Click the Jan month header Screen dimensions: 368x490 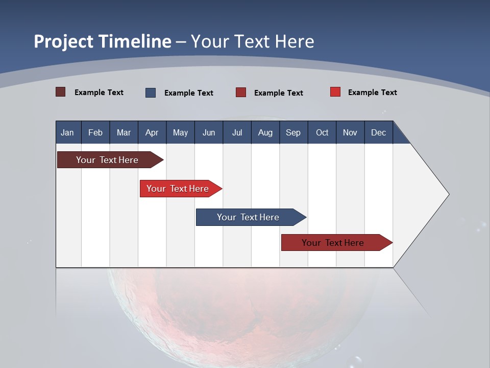point(68,132)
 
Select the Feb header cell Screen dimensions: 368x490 point(95,132)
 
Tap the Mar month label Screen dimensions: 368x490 point(124,132)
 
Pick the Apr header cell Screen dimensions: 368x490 point(152,132)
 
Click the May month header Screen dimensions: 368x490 point(180,132)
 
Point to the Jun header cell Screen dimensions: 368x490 point(209,132)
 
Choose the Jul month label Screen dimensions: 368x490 point(237,132)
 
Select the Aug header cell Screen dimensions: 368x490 point(265,132)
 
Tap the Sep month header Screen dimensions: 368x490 point(293,132)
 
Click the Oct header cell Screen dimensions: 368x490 point(322,132)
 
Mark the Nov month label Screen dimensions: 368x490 point(350,132)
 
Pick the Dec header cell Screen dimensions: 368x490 point(379,132)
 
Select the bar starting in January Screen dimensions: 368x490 point(107,160)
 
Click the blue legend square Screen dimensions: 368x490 point(151,93)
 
